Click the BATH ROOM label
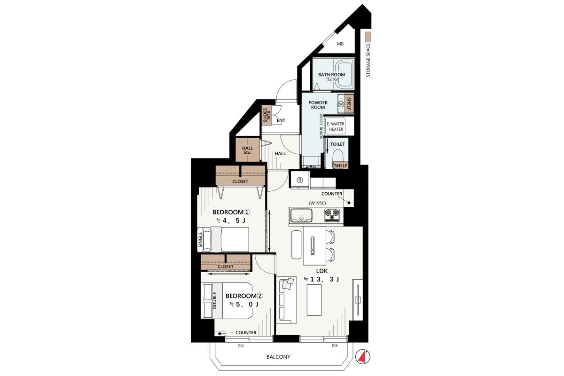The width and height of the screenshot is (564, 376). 331,75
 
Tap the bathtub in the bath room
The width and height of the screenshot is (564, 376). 344,74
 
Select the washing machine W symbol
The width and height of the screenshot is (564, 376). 341,104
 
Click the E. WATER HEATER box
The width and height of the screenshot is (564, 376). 336,126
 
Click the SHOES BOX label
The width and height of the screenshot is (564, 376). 266,115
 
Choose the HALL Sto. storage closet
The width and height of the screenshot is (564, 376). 248,150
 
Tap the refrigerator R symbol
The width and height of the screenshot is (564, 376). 300,180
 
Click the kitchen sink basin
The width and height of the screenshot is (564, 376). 301,216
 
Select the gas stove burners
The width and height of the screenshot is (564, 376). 332,215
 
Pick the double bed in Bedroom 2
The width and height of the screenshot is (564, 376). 227,301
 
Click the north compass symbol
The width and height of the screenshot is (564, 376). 362,357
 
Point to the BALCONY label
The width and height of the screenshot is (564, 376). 278,357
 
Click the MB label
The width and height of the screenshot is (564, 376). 340,44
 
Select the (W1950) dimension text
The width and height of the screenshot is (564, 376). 317,203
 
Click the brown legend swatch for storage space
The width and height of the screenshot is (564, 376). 368,37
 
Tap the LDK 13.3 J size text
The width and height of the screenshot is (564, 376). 322,279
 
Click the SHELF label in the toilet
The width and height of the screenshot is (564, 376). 341,166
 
